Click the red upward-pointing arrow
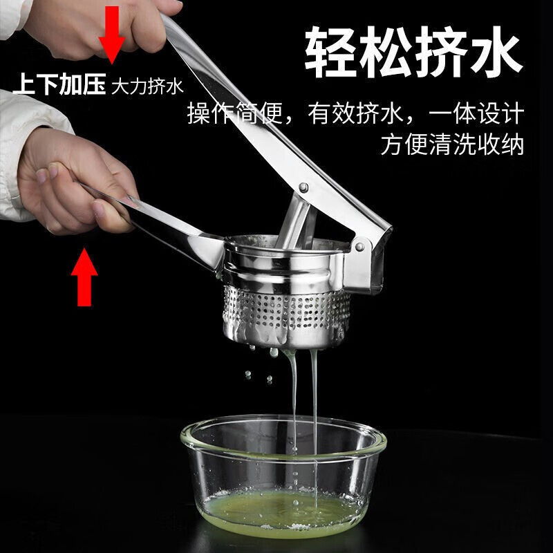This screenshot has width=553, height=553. coord(84,276)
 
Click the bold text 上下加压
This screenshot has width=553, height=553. coord(59,86)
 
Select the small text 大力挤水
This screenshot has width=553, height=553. coord(147,87)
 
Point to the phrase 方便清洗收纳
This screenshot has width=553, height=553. coord(452,144)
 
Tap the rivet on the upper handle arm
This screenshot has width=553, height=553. coord(303,187)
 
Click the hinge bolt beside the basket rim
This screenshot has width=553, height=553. coord(358,245)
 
